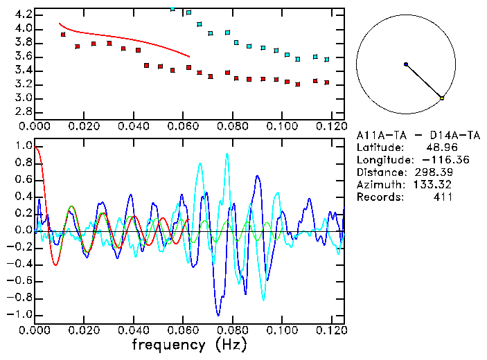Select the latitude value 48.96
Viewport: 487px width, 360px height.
click(x=439, y=147)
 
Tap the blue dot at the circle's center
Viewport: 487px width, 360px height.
click(x=406, y=64)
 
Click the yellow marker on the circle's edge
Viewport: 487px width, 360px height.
click(x=442, y=98)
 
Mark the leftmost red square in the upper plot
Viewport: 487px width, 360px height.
click(x=63, y=34)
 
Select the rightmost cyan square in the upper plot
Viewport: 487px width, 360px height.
click(x=327, y=60)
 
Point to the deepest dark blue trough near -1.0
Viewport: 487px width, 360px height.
click(x=218, y=314)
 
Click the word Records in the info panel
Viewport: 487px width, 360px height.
click(x=378, y=197)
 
